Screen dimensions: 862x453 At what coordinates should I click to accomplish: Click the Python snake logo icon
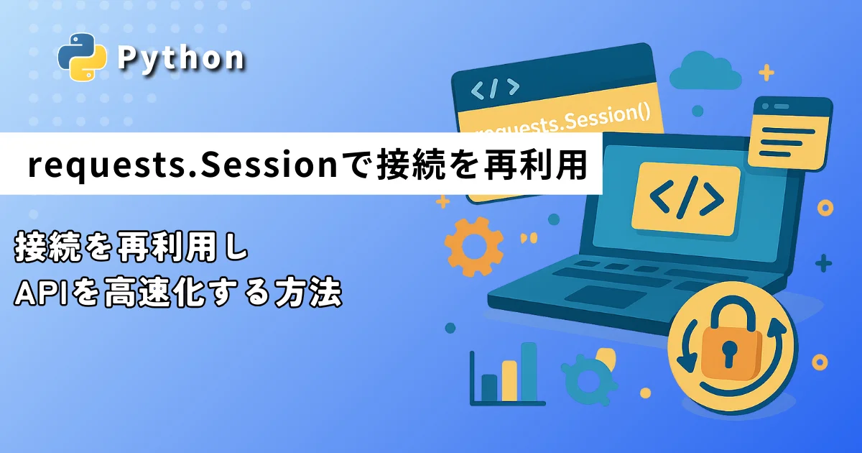[82, 57]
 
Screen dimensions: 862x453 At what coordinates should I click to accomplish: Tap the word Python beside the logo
[181, 58]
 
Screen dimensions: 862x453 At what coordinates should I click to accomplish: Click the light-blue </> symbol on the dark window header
[495, 89]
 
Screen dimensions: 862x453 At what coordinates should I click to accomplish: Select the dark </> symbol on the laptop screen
[687, 198]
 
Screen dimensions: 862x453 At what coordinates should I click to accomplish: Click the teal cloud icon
[705, 72]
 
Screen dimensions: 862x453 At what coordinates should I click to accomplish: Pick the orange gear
[473, 247]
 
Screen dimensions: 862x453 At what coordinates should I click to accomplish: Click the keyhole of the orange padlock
[728, 352]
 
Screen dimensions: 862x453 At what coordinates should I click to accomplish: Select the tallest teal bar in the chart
[529, 372]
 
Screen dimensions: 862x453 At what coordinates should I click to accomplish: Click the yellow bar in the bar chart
[509, 381]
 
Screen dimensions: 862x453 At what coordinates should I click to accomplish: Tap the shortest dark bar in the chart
[489, 388]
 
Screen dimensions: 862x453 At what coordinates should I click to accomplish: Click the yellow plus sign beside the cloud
[766, 73]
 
